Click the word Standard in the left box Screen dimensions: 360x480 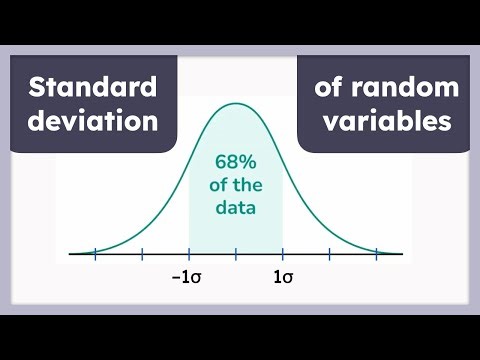[93, 88]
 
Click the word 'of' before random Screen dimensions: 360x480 [329, 88]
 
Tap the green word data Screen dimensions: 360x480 [236, 209]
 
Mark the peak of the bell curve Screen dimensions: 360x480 [236, 104]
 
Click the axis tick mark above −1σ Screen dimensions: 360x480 [189, 254]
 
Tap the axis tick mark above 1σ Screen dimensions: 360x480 [283, 254]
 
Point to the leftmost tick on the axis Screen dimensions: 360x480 [95, 254]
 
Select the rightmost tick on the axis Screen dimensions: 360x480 [377, 254]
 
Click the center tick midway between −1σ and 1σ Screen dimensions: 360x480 [236, 254]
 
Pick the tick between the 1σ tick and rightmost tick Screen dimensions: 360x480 [330, 254]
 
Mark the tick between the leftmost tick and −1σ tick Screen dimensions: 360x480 [142, 254]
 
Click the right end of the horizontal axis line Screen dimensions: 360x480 [403, 254]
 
